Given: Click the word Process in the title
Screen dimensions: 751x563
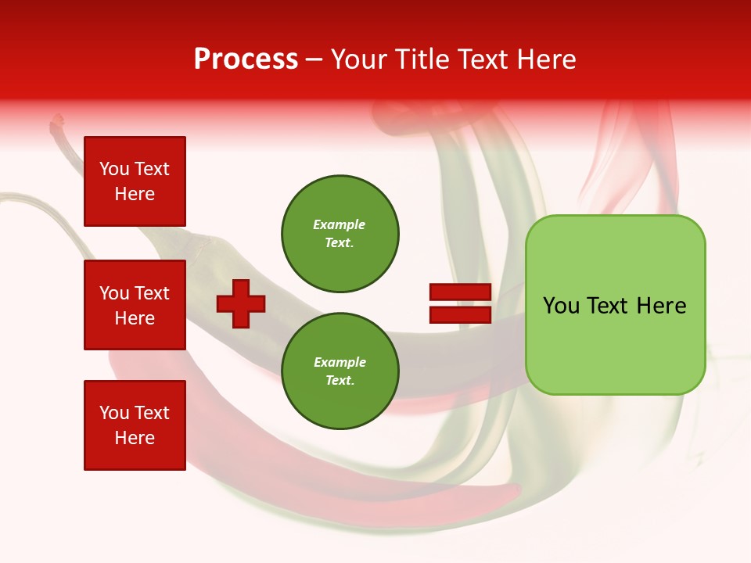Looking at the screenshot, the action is point(246,59).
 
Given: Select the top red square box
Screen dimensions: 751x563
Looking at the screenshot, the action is point(135,181).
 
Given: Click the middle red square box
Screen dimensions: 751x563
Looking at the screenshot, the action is point(135,305).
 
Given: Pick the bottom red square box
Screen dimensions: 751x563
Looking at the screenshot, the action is point(135,425).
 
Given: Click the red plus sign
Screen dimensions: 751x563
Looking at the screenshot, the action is point(241,303).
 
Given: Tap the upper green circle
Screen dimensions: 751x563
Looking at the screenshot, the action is point(340,234).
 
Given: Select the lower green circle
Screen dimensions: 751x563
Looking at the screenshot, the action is point(340,371).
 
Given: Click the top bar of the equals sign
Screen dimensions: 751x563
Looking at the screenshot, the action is point(460,292).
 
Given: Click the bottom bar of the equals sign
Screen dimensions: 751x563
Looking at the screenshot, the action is point(460,314).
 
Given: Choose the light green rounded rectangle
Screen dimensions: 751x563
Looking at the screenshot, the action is point(615,344).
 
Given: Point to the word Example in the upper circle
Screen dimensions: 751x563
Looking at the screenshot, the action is point(339,225).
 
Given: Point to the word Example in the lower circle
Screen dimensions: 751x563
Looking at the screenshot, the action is point(340,363).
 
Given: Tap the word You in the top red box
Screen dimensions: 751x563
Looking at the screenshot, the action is point(114,169).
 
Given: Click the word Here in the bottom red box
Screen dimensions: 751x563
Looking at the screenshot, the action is point(135,438).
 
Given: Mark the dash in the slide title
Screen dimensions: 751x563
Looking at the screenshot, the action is point(314,59).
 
